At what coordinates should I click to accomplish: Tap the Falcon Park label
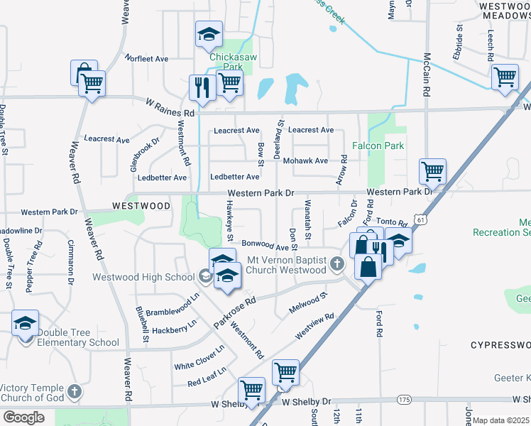[378, 146]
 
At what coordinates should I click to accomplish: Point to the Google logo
[23, 417]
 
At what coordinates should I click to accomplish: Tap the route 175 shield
[404, 400]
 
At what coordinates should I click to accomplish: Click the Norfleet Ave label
[146, 58]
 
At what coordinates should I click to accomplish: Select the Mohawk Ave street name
[305, 160]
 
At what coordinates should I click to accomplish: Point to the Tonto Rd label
[391, 222]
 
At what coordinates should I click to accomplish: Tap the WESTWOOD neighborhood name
[141, 206]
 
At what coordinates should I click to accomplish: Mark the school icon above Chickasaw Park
[209, 33]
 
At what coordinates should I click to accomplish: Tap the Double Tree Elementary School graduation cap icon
[25, 324]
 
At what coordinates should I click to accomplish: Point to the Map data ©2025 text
[501, 420]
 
